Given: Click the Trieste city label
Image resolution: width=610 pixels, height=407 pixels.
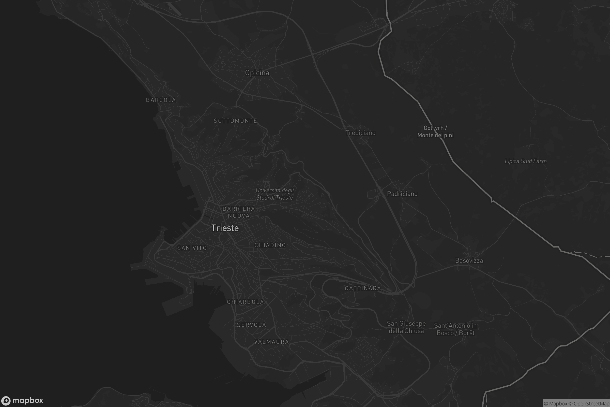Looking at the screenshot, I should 225,228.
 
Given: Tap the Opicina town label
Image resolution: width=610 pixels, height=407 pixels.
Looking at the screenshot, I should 257,73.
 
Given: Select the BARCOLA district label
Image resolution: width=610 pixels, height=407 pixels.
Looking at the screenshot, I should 161,100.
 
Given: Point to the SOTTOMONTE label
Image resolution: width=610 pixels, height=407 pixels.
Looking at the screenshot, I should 236,121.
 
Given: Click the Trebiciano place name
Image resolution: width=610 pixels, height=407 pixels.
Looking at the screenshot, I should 360,133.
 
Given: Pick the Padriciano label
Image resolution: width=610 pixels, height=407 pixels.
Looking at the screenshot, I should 402,194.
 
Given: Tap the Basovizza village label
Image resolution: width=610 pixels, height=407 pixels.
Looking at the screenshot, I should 469,260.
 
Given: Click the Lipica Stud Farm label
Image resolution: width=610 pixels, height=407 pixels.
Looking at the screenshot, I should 525,161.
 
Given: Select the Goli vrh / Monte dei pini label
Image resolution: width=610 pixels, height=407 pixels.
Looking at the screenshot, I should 435,132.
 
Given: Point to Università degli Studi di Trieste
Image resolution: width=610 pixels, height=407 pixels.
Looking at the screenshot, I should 275,194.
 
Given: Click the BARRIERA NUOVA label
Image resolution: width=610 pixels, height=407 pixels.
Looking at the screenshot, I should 239,212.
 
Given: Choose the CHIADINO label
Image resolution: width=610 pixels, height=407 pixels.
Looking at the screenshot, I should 270,245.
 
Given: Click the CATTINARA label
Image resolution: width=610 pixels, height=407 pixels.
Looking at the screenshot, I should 363,288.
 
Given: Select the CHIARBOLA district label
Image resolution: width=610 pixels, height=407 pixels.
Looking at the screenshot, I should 245,302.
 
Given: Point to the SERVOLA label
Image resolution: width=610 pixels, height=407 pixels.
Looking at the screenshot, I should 251,325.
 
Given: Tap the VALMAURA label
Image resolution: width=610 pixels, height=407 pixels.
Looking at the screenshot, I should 271,342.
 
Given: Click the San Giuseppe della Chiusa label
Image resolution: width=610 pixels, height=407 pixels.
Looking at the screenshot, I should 406,327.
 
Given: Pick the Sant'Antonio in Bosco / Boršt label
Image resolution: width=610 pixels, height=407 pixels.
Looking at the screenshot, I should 455,329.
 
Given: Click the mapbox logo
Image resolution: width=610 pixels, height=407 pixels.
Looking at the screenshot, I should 22,400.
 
